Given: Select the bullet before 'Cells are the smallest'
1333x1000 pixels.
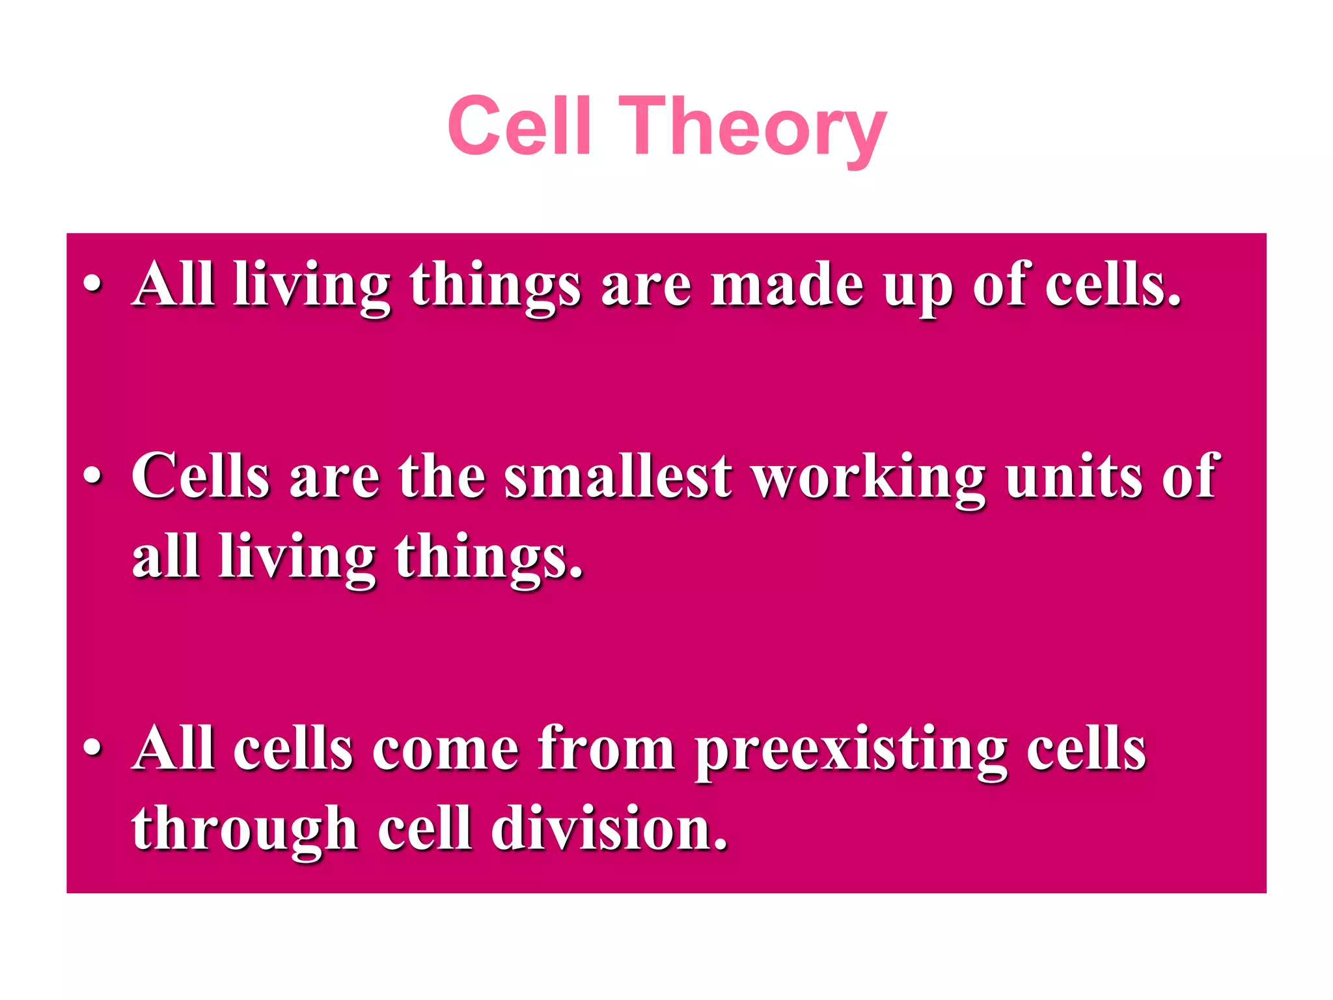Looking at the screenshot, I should click(92, 476).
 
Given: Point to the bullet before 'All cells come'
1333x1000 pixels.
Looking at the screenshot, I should click(92, 748).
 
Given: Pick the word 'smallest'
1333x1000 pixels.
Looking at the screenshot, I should click(618, 476).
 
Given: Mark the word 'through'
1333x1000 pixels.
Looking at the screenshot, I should click(245, 831).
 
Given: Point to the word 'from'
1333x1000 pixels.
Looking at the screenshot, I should click(606, 749).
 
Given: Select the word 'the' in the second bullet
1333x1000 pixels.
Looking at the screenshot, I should click(442, 476).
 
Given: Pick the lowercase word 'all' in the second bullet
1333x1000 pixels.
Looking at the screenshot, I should click(165, 556).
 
